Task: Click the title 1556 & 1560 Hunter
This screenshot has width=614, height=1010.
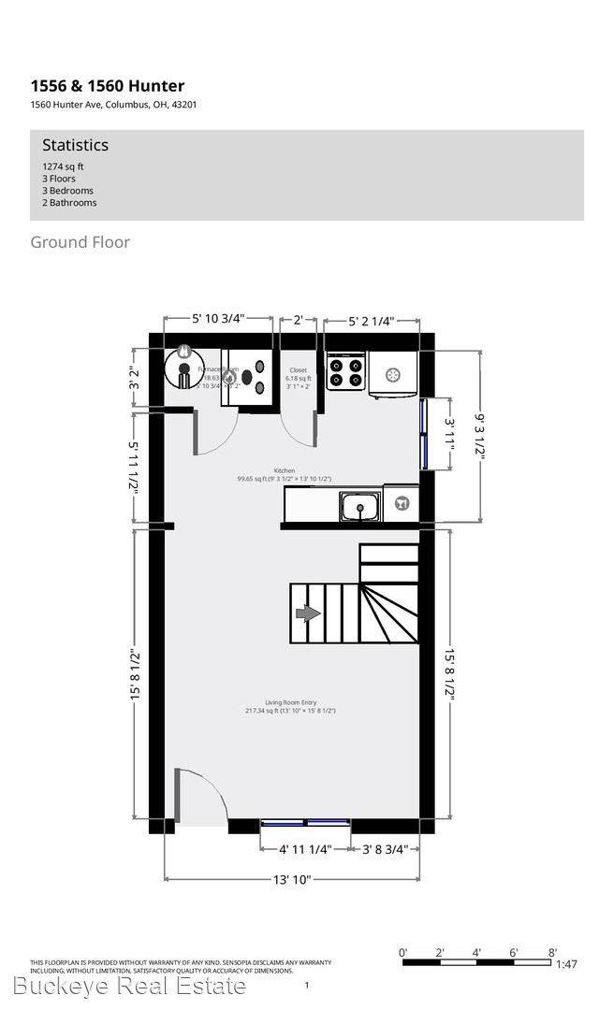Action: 107,87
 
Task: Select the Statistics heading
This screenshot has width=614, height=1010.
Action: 75,145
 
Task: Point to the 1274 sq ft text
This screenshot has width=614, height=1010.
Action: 63,166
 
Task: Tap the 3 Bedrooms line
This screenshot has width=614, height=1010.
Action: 68,191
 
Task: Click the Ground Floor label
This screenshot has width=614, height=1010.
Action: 80,242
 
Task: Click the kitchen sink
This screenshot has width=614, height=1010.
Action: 358,508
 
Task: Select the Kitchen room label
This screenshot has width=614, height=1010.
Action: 285,471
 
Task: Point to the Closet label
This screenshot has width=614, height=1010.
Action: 299,370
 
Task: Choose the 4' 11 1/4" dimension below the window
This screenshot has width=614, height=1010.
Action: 305,850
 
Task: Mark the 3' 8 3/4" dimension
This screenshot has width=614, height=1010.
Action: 385,850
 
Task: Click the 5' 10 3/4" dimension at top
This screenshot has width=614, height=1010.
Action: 218,319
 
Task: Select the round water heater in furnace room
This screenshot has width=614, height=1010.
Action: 183,368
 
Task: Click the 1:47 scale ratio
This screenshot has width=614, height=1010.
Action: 567,964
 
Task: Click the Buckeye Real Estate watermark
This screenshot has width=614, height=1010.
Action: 130,986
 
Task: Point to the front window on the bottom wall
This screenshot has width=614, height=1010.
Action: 305,824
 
